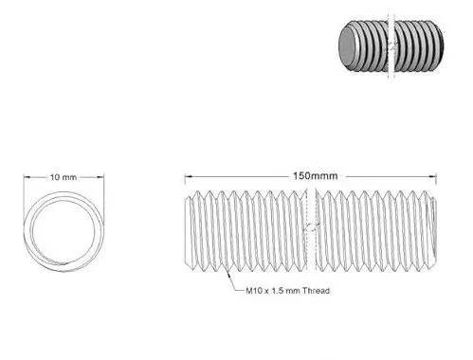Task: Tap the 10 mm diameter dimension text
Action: pos(64,176)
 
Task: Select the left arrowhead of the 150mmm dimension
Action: pos(188,176)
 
